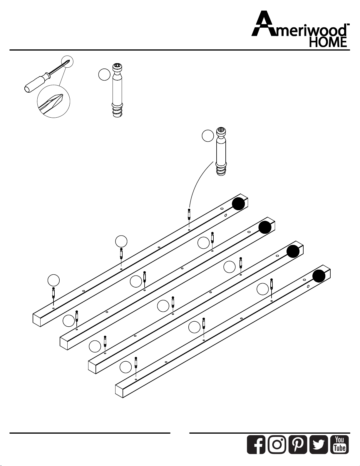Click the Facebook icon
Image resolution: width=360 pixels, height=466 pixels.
click(x=256, y=445)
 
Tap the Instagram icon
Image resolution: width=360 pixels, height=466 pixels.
click(x=277, y=445)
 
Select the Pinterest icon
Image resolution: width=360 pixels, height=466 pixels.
click(x=298, y=445)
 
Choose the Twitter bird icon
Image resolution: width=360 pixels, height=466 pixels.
click(x=319, y=445)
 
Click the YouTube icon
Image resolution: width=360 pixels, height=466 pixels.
click(x=340, y=445)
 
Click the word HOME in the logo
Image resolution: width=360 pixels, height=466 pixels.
click(x=328, y=42)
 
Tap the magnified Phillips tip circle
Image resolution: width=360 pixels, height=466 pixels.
click(x=53, y=101)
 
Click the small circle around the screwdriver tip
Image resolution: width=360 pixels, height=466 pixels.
click(x=67, y=61)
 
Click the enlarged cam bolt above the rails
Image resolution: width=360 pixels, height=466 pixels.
click(x=221, y=152)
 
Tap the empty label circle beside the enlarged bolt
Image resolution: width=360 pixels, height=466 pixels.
click(x=208, y=136)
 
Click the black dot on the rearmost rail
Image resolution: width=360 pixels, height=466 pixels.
click(x=239, y=203)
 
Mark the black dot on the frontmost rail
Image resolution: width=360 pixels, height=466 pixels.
click(x=319, y=276)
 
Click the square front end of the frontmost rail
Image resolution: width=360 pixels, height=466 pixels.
click(x=119, y=391)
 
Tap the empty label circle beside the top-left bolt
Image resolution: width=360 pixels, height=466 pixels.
click(x=53, y=280)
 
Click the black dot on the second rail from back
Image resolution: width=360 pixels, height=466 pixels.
click(x=265, y=227)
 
